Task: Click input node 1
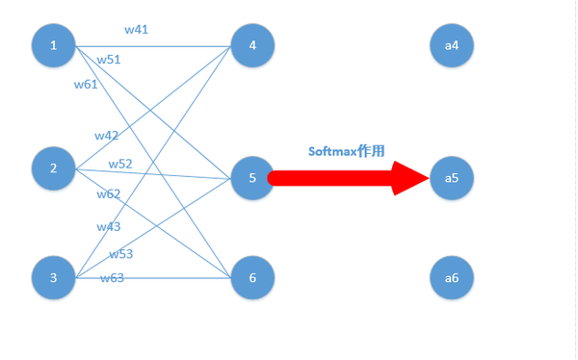[x=54, y=44]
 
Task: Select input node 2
[x=54, y=168]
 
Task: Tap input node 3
[x=54, y=277]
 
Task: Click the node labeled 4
[x=252, y=44]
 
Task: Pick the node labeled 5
[x=252, y=178]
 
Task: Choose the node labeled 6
[x=252, y=277]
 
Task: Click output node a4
[x=452, y=44]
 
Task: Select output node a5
[x=452, y=178]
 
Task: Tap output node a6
[x=452, y=277]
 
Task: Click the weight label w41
[x=136, y=30]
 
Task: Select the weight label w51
[x=109, y=60]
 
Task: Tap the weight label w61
[x=86, y=84]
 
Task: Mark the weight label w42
[x=107, y=136]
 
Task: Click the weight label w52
[x=120, y=164]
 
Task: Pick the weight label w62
[x=109, y=194]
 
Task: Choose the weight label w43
[x=109, y=226]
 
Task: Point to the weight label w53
[x=120, y=254]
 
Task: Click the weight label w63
[x=113, y=278]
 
